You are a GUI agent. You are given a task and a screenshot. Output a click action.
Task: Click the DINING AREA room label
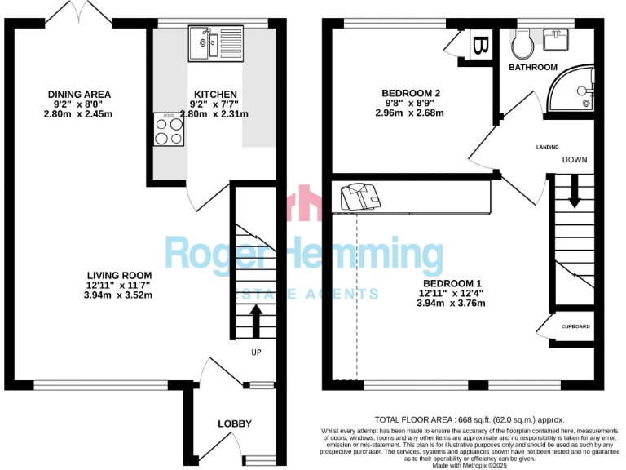point(79,95)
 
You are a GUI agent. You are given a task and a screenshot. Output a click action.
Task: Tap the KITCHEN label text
point(215,95)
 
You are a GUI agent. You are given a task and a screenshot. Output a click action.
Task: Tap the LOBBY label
point(234,423)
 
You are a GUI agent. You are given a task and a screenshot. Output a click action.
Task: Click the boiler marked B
point(480,43)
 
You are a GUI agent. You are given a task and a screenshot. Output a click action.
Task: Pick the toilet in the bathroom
point(522,41)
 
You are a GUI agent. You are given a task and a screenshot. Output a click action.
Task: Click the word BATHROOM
point(533,67)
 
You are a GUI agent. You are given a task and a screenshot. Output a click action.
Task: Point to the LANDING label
point(547,147)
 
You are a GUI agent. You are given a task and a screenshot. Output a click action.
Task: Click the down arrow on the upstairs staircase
point(575,193)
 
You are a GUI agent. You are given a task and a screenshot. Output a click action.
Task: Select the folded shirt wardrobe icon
point(356,196)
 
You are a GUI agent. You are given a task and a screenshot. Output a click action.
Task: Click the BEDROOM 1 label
point(452,283)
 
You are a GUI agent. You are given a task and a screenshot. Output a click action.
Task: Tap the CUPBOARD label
point(575,326)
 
